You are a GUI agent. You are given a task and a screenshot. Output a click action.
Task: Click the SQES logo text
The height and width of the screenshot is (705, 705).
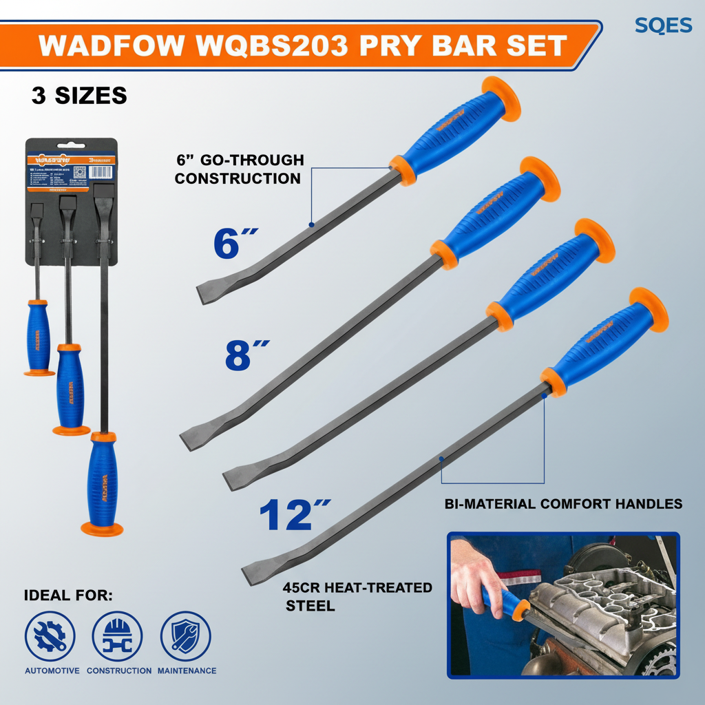tap(663, 25)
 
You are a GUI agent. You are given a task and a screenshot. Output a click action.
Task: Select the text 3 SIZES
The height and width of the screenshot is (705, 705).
tap(79, 95)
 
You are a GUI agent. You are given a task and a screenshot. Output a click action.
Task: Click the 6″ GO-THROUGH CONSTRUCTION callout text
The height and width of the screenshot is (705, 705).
tap(239, 169)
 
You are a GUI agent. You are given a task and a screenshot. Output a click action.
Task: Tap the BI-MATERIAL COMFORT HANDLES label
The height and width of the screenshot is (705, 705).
tap(563, 504)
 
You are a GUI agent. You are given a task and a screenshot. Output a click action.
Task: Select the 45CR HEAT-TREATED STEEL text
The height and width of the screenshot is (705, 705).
tap(357, 596)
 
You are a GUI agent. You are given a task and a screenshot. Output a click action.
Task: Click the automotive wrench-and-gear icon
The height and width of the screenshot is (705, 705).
tap(50, 636)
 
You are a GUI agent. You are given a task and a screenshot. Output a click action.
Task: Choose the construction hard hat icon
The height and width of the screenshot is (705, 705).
tap(117, 636)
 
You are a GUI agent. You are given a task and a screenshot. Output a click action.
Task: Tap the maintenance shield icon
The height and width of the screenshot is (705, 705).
tap(186, 636)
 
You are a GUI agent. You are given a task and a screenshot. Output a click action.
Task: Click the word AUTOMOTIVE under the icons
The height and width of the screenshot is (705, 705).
tap(52, 671)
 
